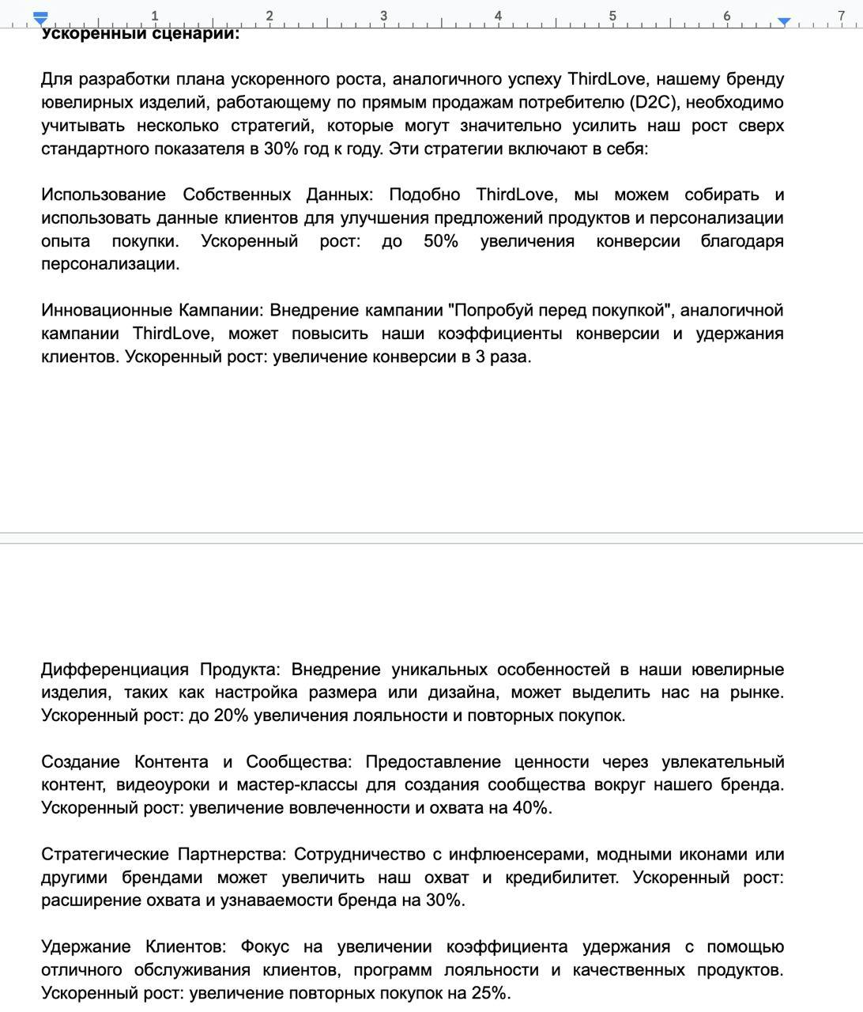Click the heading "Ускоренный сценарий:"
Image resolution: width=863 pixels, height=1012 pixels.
point(140,33)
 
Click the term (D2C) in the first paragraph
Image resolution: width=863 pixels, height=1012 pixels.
point(650,102)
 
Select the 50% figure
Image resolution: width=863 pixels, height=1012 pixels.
point(440,241)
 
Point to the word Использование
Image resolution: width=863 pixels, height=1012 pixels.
point(103,194)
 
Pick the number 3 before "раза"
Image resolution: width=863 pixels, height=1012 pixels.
point(480,357)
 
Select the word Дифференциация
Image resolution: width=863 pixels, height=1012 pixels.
point(115,670)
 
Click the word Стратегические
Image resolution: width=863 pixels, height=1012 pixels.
point(106,854)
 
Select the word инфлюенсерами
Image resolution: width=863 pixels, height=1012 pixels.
point(517,854)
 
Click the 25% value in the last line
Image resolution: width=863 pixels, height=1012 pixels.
point(489,993)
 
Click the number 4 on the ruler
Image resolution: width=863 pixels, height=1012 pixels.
point(498,15)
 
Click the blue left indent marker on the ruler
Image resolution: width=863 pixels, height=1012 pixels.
point(41,17)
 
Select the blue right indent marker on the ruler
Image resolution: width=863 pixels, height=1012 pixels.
point(783,21)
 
